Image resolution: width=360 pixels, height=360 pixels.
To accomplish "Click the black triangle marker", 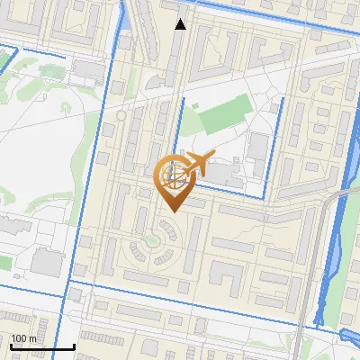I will click(181, 24).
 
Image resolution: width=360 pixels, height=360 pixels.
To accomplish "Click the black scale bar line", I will click(41, 346).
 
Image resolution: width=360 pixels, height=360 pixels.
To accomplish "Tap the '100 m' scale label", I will click(24, 338).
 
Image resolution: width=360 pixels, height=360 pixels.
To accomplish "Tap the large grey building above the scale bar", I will click(47, 262).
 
